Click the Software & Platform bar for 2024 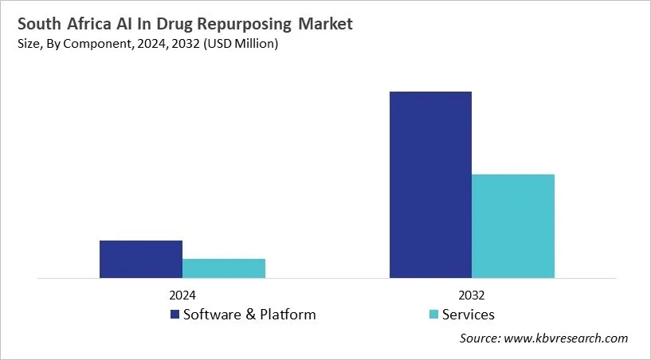[141, 260]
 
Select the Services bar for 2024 [224, 269]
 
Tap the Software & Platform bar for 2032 [430, 185]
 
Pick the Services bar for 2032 [513, 226]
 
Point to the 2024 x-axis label [182, 294]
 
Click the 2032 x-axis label [472, 294]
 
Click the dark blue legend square [174, 315]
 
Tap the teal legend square [433, 315]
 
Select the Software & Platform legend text [249, 315]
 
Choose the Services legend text [469, 315]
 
